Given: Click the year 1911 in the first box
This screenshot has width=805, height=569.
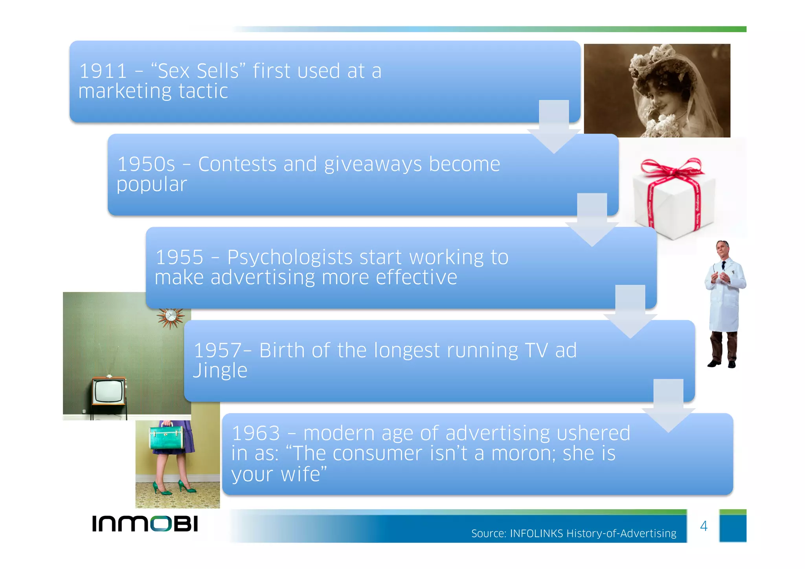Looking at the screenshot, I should (x=103, y=72).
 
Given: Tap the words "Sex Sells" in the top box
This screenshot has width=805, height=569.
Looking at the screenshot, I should (x=198, y=72).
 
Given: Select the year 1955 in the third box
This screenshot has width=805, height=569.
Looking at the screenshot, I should (x=180, y=258).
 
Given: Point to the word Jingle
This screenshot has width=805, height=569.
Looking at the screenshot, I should (x=220, y=371).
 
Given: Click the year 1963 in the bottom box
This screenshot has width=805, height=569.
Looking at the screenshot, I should (x=256, y=434).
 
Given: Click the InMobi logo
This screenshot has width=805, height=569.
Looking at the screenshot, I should (x=145, y=524).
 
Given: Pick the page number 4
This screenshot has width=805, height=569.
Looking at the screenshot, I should (x=704, y=526).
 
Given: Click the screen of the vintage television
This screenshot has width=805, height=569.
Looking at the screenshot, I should (x=108, y=391).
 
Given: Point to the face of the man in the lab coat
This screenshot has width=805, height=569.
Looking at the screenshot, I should (x=723, y=250).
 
